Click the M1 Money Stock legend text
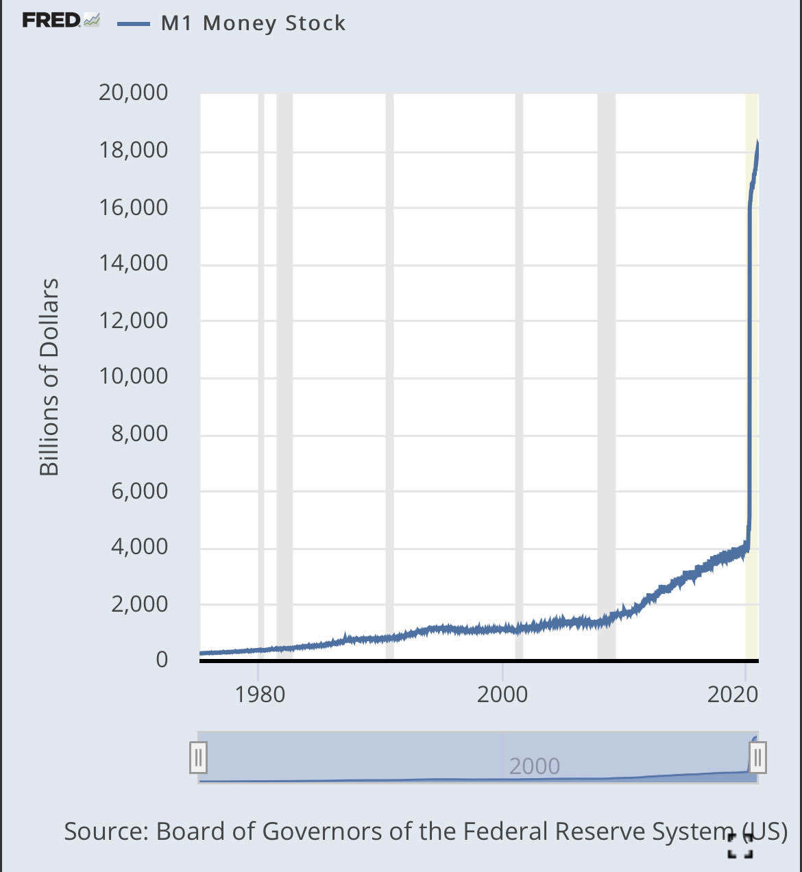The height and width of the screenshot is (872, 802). point(253,23)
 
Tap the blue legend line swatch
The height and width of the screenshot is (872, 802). point(133,24)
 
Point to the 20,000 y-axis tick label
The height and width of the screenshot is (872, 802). point(133,92)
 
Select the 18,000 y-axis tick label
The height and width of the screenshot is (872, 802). point(133,150)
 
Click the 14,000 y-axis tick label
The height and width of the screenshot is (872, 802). point(133,263)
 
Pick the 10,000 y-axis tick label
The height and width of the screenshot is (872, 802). point(133,376)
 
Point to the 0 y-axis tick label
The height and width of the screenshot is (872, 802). point(162,659)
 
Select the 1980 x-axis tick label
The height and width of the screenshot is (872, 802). point(259,695)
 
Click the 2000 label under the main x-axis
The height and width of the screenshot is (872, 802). point(502,695)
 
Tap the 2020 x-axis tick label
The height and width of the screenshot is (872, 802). point(732,695)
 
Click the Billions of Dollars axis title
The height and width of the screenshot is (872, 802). point(49,377)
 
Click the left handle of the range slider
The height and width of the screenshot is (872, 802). point(198,758)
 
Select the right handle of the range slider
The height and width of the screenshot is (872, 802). point(757,758)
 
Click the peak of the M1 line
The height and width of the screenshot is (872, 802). point(757,142)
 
